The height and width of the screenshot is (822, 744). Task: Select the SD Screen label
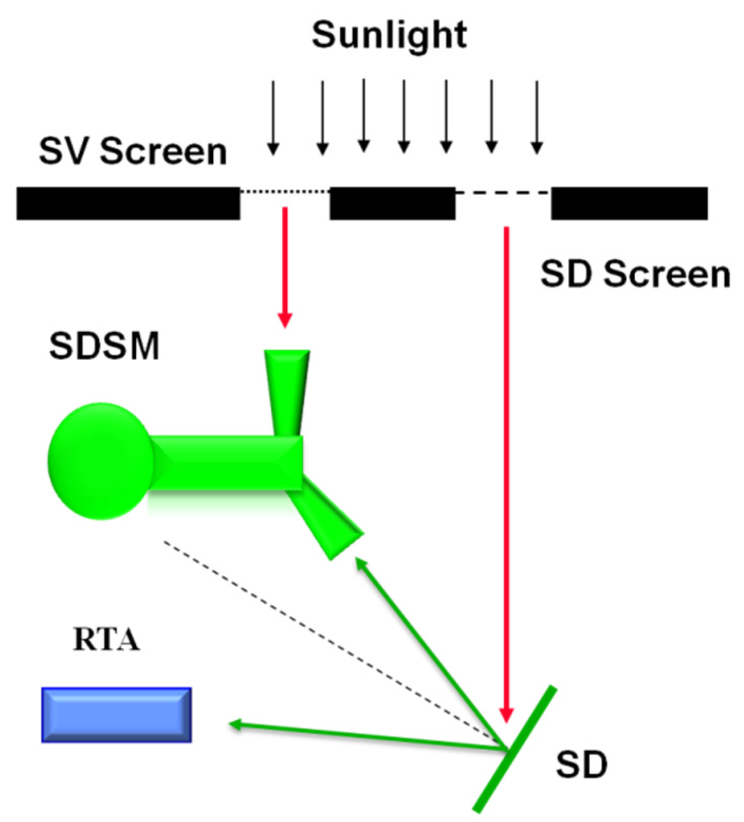point(634,275)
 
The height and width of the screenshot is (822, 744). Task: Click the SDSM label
point(104,346)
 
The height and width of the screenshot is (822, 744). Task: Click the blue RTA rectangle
point(116,714)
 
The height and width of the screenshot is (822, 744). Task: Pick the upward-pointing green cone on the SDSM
point(287,392)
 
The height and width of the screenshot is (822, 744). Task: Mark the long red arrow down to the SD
point(506,472)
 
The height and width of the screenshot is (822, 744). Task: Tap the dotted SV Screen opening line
point(285,192)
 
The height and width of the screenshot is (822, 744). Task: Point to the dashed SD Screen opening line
point(503,193)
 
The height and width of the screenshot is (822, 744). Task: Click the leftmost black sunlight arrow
point(272,116)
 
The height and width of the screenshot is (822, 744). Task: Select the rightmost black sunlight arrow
point(536,116)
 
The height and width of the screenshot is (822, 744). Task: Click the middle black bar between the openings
point(392,203)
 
